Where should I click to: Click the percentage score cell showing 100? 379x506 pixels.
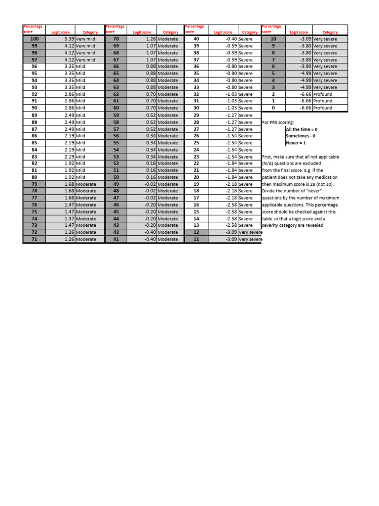(x=34, y=39)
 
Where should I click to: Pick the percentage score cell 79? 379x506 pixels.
(x=34, y=184)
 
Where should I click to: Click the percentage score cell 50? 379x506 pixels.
(x=116, y=177)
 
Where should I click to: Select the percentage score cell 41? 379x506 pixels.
(x=116, y=239)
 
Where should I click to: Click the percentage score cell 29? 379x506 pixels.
(x=196, y=115)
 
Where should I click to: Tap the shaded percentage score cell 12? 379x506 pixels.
(x=196, y=232)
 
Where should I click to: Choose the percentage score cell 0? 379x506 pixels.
(x=273, y=108)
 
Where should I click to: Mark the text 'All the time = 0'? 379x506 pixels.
(x=302, y=129)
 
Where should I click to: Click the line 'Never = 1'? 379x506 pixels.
(x=295, y=143)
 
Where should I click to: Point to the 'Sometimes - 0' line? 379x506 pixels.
(x=301, y=136)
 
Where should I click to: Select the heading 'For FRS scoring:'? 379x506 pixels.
(x=278, y=122)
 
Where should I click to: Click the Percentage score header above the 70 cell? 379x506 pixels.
(x=115, y=29)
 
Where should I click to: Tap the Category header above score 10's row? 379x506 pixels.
(x=330, y=32)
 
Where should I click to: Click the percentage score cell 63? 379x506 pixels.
(x=116, y=87)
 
